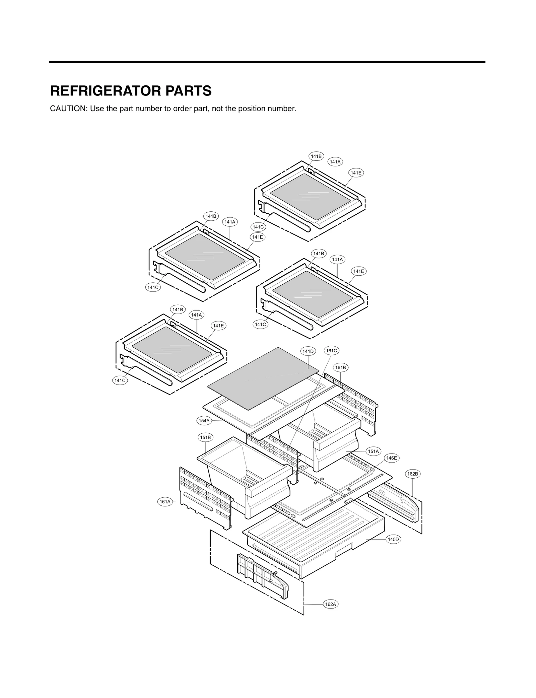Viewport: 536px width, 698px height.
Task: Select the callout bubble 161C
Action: click(x=331, y=351)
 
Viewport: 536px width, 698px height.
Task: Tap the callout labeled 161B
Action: click(x=340, y=367)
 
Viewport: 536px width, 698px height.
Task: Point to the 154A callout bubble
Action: click(x=204, y=421)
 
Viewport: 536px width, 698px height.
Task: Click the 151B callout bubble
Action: click(x=205, y=437)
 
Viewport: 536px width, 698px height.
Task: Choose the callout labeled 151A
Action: click(x=373, y=451)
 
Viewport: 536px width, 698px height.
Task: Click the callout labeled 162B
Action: click(x=412, y=474)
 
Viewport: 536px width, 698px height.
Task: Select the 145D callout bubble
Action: click(x=393, y=539)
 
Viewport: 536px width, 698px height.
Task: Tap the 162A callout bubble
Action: click(x=330, y=604)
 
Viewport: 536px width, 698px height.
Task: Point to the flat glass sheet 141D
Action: click(x=261, y=378)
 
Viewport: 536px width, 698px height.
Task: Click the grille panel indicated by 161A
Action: click(x=204, y=499)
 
